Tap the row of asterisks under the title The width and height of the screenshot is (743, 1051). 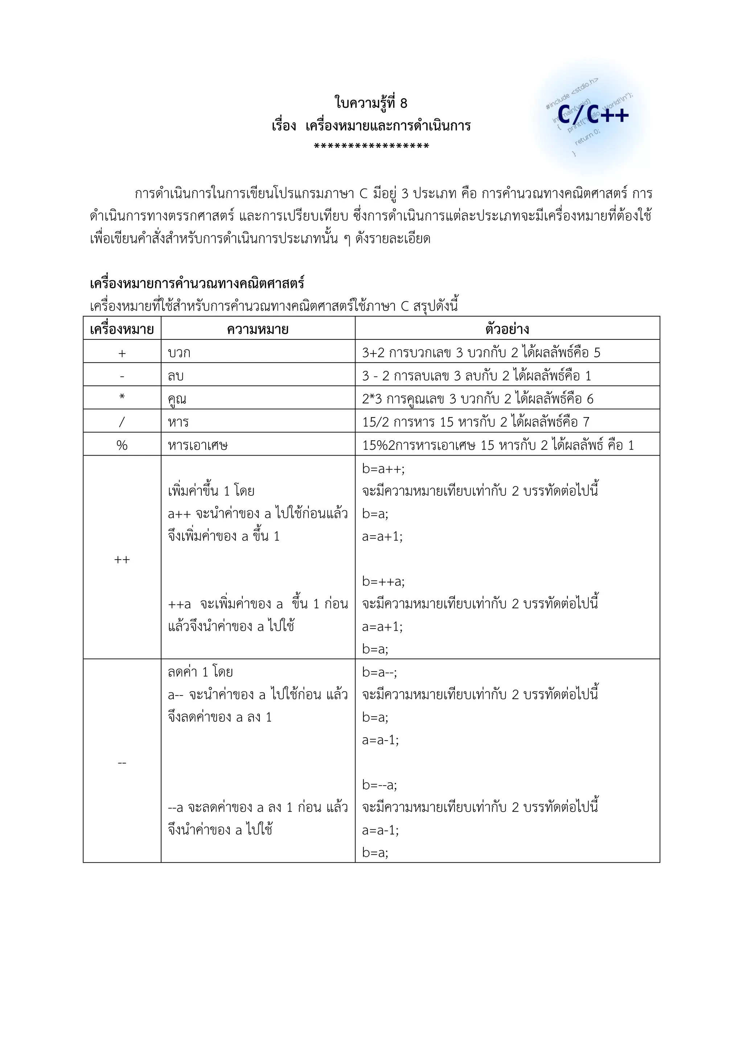[371, 147]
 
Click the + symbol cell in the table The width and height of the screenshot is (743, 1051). [122, 353]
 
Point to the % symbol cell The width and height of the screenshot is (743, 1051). [122, 445]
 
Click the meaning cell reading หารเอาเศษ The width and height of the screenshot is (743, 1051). [198, 445]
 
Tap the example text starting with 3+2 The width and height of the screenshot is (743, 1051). [481, 353]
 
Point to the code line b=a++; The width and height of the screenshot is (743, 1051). [383, 469]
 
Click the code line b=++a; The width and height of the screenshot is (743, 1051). [383, 581]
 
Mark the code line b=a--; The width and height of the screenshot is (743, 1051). [379, 672]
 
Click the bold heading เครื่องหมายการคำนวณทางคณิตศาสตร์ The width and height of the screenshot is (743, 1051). [197, 283]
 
